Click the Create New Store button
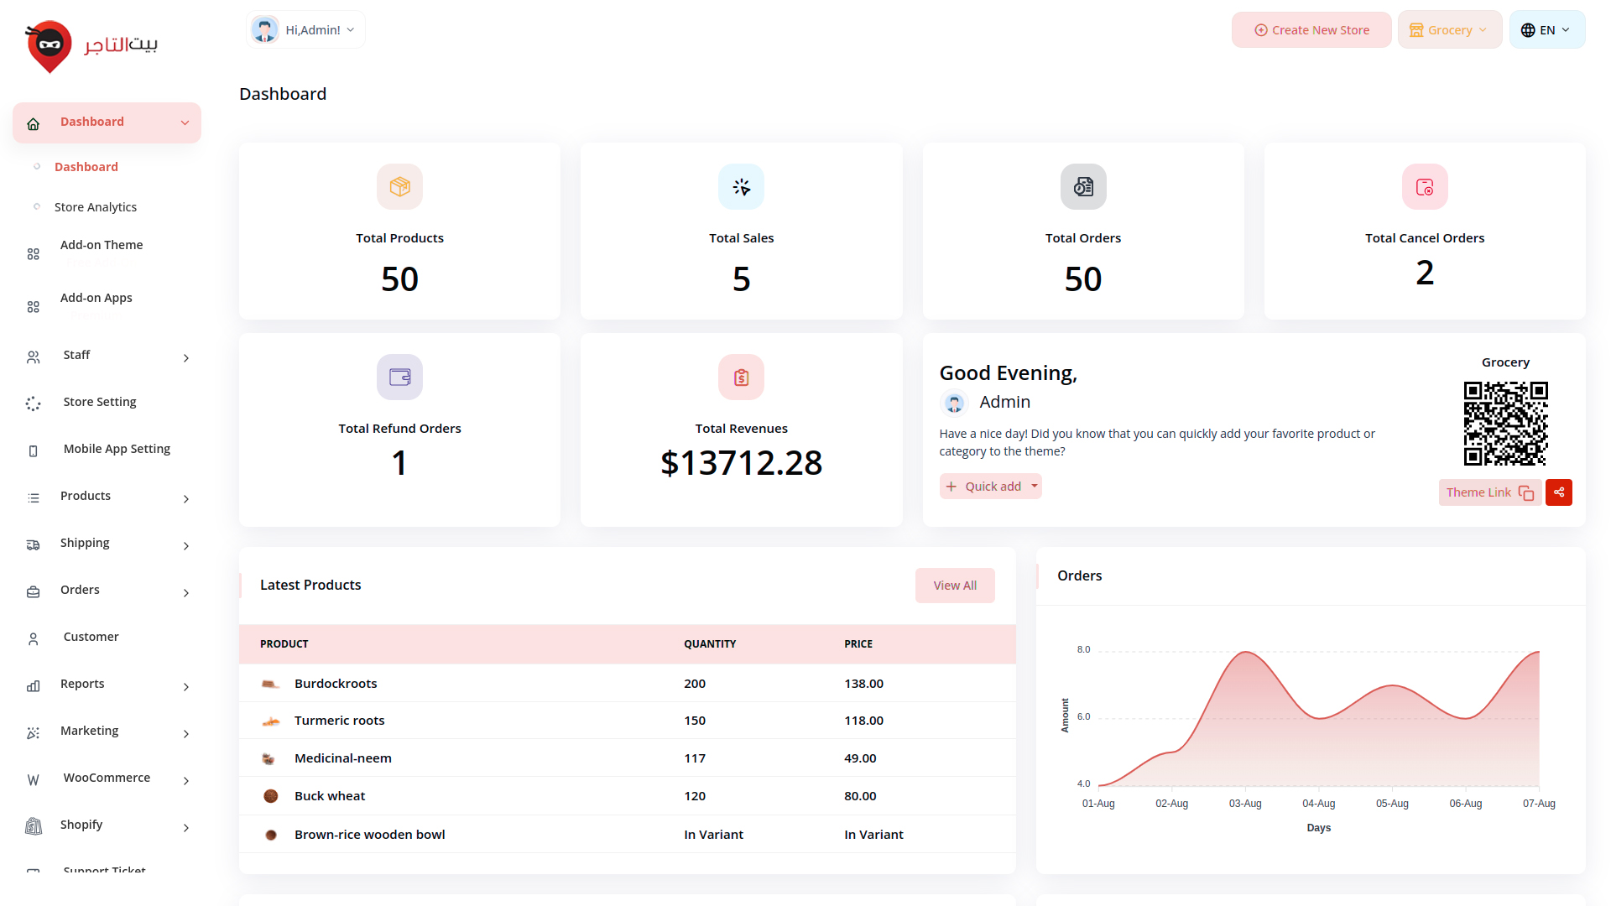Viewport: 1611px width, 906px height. pos(1311,30)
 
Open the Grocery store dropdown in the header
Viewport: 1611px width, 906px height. pos(1449,30)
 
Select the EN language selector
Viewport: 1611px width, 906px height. pos(1546,30)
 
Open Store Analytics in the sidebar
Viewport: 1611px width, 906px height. pos(96,207)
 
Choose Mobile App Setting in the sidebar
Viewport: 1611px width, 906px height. pos(117,449)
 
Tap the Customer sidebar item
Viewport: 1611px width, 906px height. pos(91,637)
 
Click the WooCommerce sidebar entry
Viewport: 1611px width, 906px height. pos(107,778)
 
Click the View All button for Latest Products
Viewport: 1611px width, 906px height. pos(955,586)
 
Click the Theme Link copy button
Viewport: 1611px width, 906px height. pos(1489,492)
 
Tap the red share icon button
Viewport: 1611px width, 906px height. pos(1559,492)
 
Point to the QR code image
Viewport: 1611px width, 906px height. pos(1505,424)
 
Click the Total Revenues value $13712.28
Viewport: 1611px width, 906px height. pos(741,463)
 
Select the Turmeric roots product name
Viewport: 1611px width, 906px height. pos(339,721)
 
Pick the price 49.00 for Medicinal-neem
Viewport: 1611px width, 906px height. pos(860,758)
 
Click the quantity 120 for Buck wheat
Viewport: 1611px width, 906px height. pos(695,796)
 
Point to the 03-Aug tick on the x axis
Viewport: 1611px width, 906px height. pos(1245,804)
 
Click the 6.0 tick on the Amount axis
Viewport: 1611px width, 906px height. pos(1083,716)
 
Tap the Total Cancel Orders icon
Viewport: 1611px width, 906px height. pos(1425,187)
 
